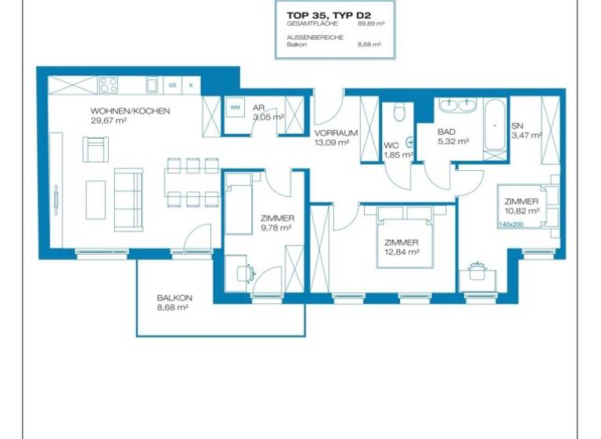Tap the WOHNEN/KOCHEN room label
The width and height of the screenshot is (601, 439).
click(x=130, y=111)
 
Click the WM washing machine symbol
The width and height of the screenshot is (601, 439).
click(x=235, y=107)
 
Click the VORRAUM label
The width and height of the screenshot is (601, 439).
click(x=336, y=132)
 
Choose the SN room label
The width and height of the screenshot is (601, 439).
click(x=517, y=125)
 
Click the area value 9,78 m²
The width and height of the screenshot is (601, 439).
click(x=276, y=228)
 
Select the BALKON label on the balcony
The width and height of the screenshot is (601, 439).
click(x=174, y=298)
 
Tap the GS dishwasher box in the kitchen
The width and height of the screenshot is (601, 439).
click(x=172, y=85)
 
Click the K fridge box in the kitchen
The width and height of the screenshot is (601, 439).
click(x=190, y=85)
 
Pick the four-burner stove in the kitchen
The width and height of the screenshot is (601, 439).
click(x=109, y=85)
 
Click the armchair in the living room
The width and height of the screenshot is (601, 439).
click(x=96, y=148)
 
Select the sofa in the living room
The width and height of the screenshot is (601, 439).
click(x=128, y=199)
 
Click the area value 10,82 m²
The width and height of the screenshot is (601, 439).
click(x=522, y=211)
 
